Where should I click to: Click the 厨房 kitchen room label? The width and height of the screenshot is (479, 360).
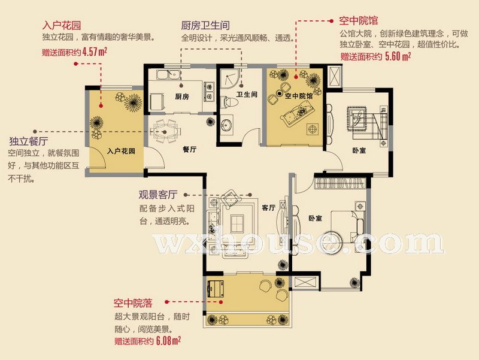(x=182, y=97)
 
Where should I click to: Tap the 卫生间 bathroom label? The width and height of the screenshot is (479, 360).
(x=247, y=95)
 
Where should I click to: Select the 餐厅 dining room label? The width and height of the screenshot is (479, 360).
(x=189, y=149)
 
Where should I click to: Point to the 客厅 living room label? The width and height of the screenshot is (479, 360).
(x=268, y=208)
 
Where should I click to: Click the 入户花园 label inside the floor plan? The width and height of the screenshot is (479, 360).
(x=122, y=151)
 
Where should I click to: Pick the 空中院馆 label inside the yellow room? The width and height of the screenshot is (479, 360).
(x=299, y=96)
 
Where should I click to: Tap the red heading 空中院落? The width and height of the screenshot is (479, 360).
(x=133, y=303)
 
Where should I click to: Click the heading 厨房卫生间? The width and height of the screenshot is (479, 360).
(x=205, y=25)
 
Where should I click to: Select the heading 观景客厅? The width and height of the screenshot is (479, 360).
(x=158, y=195)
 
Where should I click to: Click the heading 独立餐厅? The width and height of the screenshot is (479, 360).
(x=29, y=141)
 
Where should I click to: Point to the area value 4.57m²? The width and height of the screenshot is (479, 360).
(x=95, y=52)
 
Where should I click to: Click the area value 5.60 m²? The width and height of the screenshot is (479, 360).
(x=398, y=56)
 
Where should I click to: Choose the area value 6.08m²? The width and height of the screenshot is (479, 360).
(x=168, y=340)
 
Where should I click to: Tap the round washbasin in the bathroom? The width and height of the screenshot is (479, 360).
(x=226, y=125)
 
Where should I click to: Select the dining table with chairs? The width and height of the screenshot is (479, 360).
(x=165, y=132)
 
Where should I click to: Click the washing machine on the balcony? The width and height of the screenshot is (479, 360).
(x=216, y=289)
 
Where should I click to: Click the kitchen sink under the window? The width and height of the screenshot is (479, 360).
(x=168, y=75)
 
